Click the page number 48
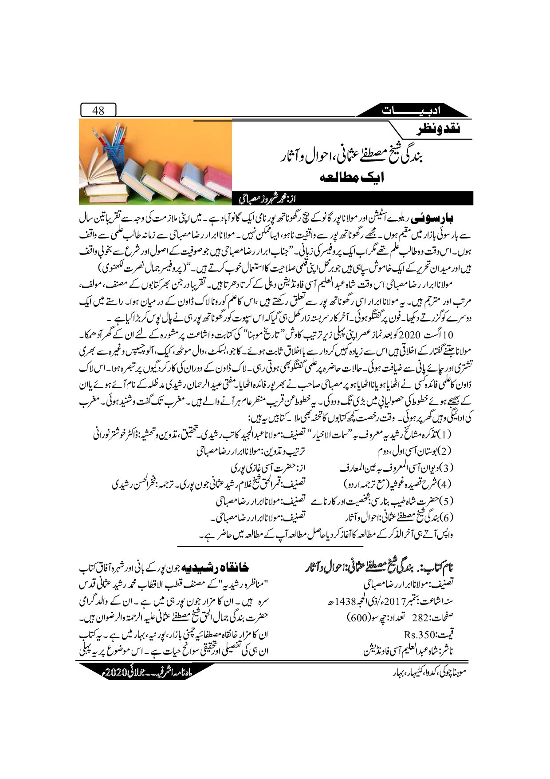[98, 110]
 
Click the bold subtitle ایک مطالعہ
[352, 178]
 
